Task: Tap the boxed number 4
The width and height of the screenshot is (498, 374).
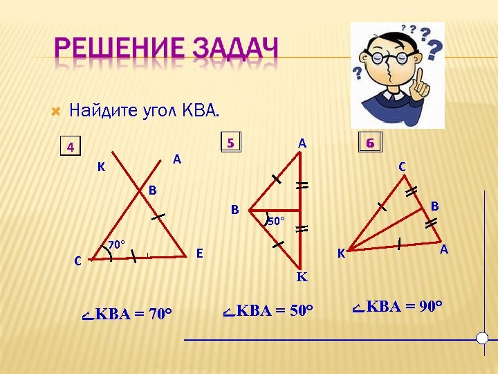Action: (x=70, y=147)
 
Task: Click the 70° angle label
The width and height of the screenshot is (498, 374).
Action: (x=116, y=244)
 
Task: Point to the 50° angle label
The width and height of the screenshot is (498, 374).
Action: (x=275, y=222)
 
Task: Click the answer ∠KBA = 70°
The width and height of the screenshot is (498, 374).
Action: (x=127, y=314)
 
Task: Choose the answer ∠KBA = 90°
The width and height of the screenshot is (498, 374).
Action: (x=397, y=306)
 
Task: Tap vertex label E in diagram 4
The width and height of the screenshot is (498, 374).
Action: (x=199, y=253)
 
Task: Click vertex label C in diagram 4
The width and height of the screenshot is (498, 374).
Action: (x=78, y=261)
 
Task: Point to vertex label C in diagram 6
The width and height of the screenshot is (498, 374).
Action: (x=402, y=167)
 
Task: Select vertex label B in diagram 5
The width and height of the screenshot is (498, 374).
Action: (x=235, y=209)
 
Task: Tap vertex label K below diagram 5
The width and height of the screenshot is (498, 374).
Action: (x=302, y=277)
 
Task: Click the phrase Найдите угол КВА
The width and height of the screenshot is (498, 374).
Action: (x=144, y=110)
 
